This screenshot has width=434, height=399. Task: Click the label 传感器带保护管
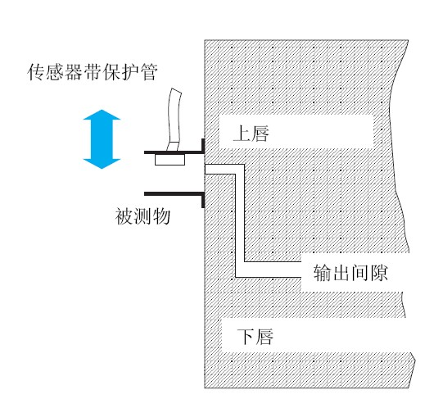pos(93,72)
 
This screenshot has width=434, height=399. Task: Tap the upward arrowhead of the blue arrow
pos(102,115)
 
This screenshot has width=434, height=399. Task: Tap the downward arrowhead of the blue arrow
pos(102,164)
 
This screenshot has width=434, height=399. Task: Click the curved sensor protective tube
pos(174,120)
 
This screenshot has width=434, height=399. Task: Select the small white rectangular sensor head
pos(170,160)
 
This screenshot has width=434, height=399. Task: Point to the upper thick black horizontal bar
pos(174,152)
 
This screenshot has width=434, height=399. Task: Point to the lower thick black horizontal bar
pos(174,194)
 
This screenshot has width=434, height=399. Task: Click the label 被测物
pos(142,216)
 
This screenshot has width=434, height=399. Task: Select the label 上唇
pos(251,134)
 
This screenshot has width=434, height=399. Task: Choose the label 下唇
pos(255,337)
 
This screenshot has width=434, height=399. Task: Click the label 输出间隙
pos(350,273)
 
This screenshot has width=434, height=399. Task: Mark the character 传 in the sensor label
pos(36,72)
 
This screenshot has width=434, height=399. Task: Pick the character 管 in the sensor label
pos(149,72)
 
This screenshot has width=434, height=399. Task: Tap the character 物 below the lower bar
pos(161,216)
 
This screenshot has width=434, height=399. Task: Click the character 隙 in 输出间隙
pos(378,273)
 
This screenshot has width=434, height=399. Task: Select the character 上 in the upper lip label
pos(242,134)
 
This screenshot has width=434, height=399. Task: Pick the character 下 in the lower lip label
pos(246,337)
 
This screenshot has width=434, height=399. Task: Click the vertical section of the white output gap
pos(240,219)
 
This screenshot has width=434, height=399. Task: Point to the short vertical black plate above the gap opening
pos(203,146)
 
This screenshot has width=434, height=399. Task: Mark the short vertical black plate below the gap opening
pos(203,200)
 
